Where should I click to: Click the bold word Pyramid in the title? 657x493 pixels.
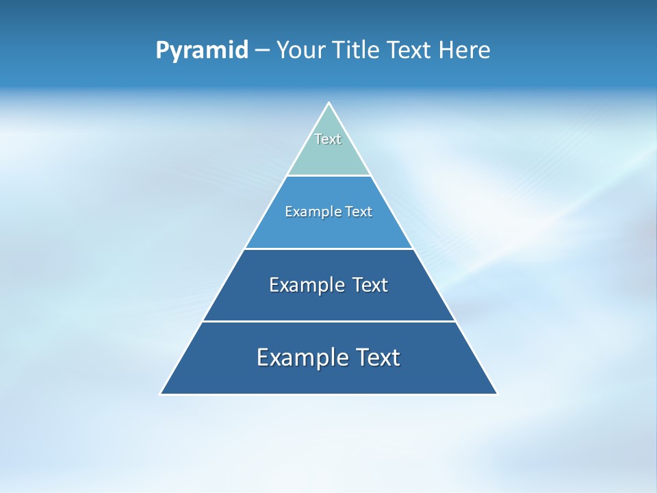(x=202, y=51)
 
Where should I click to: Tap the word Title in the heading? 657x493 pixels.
(x=358, y=51)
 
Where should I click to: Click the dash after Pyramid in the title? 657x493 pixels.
(x=262, y=51)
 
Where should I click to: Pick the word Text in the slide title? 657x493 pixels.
(x=411, y=51)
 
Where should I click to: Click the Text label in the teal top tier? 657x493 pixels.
(x=328, y=139)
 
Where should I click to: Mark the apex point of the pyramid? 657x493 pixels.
(x=328, y=103)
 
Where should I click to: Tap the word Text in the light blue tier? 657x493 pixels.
(x=358, y=212)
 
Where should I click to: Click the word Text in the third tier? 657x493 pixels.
(x=370, y=285)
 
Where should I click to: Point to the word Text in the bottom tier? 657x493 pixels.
(x=376, y=357)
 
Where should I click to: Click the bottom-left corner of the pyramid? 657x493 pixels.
(x=161, y=394)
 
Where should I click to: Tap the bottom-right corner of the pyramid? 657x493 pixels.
(x=497, y=394)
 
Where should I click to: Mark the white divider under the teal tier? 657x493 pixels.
(x=328, y=175)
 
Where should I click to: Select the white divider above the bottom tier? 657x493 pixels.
(x=328, y=321)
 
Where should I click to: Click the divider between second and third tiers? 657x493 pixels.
(x=328, y=249)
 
